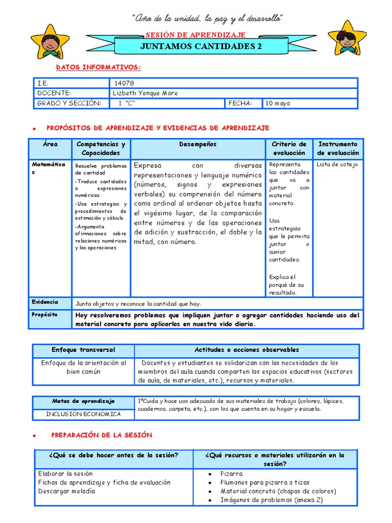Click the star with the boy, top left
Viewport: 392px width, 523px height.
click(50, 41)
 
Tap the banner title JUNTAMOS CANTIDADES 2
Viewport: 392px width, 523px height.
click(197, 46)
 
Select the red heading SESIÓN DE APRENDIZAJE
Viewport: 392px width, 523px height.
click(196, 35)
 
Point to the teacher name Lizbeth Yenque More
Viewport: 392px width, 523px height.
click(145, 93)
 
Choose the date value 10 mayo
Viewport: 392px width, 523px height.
click(278, 103)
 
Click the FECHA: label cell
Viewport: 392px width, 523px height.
click(240, 103)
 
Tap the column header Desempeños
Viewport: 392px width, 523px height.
click(198, 145)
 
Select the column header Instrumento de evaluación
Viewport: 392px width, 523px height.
click(338, 149)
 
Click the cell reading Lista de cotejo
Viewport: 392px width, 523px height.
click(337, 164)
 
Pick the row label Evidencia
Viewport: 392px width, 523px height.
click(45, 302)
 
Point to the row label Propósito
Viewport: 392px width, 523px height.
click(45, 315)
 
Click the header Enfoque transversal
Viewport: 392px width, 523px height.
click(83, 350)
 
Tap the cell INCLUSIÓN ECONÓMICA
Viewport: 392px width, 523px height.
click(83, 414)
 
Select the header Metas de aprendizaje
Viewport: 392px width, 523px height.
click(83, 401)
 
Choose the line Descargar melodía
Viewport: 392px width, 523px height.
click(66, 491)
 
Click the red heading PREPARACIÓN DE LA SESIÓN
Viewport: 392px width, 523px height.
click(102, 435)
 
